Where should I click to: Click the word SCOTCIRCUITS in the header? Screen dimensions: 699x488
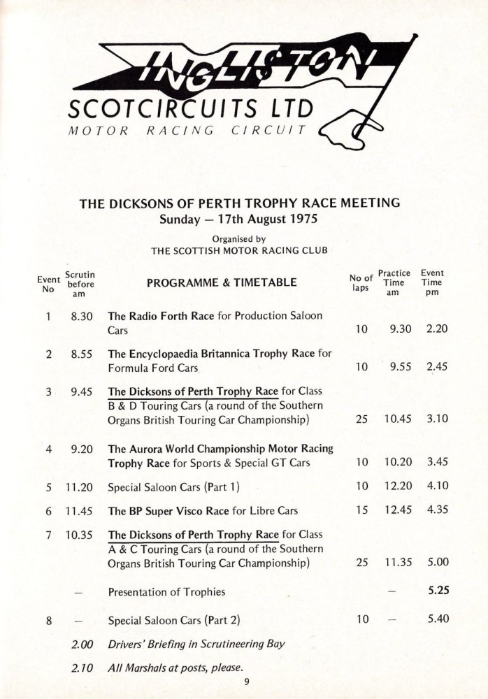coord(164,110)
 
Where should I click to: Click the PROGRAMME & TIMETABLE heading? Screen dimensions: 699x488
coord(222,283)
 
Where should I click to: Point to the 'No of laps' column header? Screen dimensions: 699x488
coord(361,283)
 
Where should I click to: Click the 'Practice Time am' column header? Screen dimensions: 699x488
coord(394,283)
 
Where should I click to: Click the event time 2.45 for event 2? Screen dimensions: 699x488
coord(437,367)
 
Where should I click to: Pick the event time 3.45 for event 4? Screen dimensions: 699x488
coord(437,462)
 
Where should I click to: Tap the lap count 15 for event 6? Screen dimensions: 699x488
coord(361,510)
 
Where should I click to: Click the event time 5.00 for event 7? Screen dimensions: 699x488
coord(437,561)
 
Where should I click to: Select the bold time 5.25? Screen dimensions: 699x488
coord(438,591)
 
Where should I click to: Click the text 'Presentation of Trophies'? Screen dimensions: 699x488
coord(166,592)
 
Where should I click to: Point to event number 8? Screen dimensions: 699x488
coord(48,619)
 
